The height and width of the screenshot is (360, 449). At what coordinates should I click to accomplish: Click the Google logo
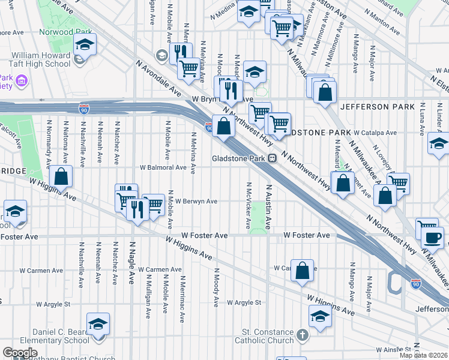pos(20,353)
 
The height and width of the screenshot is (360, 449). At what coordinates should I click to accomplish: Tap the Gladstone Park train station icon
pos(272,158)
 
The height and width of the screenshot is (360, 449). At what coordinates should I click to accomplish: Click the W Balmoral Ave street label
pos(163,167)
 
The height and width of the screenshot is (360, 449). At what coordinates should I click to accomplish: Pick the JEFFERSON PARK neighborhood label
pos(377,107)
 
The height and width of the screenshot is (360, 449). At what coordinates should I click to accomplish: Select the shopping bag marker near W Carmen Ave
pos(303,271)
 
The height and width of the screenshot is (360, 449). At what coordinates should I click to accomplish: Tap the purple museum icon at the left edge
pos(22,80)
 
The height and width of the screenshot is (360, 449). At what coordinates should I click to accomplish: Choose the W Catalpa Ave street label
pos(375,133)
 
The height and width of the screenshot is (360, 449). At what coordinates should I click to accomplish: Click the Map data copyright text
pos(424,355)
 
